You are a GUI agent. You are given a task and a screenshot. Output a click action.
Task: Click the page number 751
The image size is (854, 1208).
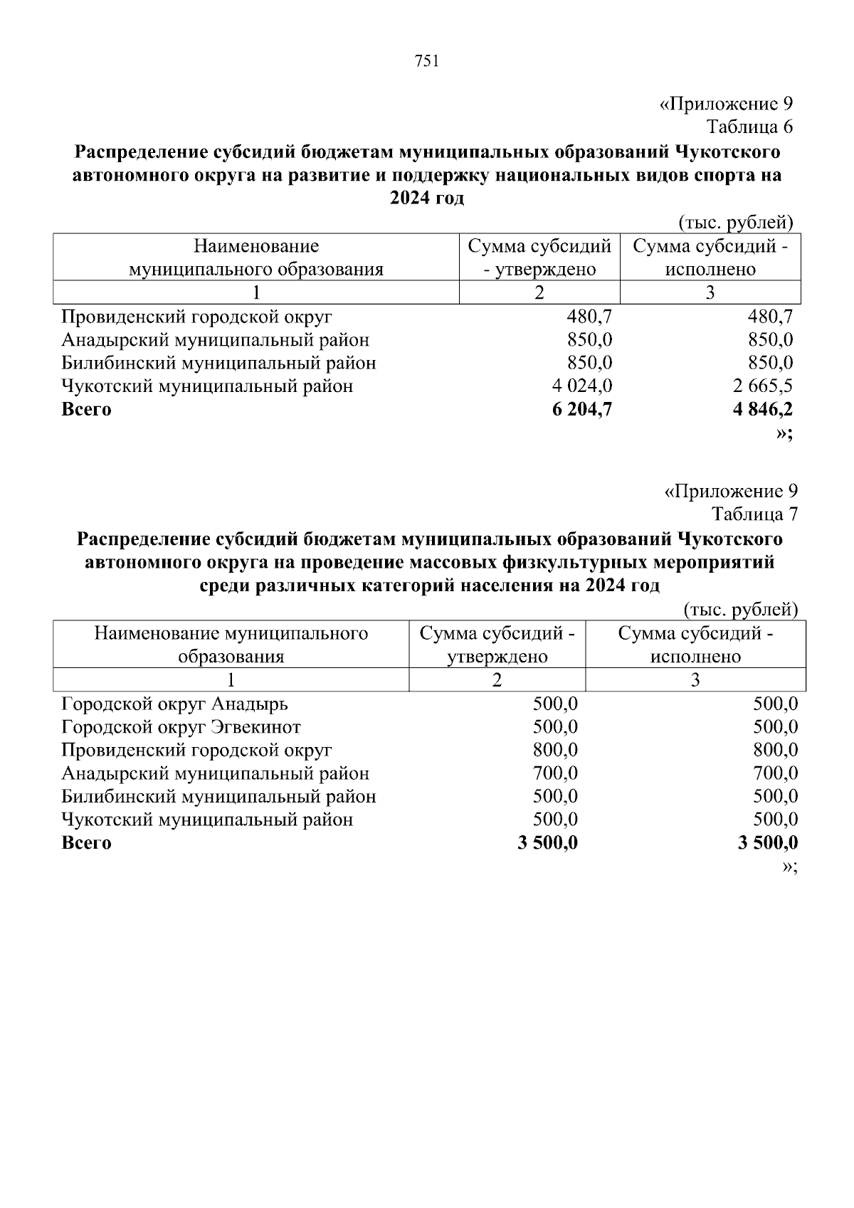(426, 61)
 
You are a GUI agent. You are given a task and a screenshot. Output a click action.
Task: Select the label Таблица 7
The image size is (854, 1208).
(754, 514)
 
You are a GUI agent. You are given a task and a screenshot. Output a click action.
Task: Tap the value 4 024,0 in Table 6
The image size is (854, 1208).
(582, 386)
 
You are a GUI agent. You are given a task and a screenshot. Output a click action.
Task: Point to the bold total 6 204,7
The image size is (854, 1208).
(581, 409)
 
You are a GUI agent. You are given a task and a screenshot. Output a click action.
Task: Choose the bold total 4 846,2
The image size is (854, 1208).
(762, 409)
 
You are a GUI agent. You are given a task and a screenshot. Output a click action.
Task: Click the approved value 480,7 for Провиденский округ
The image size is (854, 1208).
(589, 317)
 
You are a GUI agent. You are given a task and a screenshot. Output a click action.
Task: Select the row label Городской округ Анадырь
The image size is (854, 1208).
(175, 704)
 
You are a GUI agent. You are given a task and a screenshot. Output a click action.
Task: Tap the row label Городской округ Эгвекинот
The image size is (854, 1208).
(181, 727)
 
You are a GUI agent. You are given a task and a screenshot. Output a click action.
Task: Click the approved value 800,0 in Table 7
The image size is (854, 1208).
(555, 750)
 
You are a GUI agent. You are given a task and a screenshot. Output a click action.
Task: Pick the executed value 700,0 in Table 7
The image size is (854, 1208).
(776, 773)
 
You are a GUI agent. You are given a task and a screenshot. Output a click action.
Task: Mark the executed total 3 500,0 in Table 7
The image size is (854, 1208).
(768, 843)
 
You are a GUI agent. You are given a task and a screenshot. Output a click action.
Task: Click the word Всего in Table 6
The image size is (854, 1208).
(87, 410)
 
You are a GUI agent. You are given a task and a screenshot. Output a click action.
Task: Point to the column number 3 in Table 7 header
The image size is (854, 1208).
(695, 680)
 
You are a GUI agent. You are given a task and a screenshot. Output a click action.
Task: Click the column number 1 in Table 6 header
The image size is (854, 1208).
(256, 292)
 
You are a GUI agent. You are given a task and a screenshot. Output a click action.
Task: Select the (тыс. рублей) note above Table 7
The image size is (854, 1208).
(740, 610)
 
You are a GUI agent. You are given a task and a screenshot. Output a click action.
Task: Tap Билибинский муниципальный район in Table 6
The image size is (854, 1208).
(218, 364)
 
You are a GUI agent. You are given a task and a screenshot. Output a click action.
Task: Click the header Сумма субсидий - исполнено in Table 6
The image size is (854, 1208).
(710, 258)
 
